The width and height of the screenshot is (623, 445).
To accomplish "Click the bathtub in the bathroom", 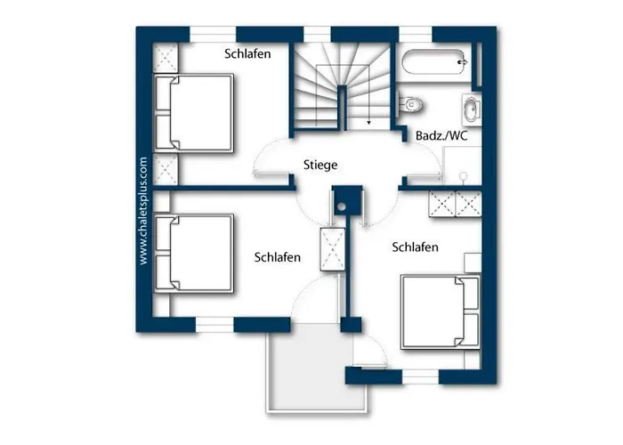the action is tap(434, 62).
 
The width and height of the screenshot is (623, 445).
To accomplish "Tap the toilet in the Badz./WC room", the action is tap(409, 104).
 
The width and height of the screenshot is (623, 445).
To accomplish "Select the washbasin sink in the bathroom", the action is tap(472, 109).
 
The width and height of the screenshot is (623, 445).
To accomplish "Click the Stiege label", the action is tap(320, 165).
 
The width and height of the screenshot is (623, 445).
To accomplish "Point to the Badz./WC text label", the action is tap(441, 135).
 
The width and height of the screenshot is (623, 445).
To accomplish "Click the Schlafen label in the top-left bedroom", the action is tap(247, 53).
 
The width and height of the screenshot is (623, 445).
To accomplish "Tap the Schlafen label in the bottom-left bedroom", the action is tap(278, 257).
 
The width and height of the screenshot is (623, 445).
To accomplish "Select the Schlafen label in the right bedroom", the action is tap(416, 247).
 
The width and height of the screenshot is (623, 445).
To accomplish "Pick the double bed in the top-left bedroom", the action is tap(193, 113).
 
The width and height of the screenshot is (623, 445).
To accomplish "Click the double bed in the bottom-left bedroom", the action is tap(193, 254).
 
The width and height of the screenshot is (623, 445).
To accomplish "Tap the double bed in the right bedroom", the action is tap(441, 311).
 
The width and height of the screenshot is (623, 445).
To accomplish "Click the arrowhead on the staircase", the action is tap(368, 123).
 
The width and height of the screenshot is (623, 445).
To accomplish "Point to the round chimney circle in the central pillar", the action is tap(341, 206).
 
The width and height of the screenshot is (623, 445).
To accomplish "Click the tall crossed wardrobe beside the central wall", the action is tap(333, 249).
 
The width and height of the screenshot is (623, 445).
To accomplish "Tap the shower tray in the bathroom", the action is tap(462, 166).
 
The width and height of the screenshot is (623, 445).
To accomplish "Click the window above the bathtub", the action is tap(416, 34).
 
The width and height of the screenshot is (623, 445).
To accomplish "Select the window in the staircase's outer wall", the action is tap(317, 34).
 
